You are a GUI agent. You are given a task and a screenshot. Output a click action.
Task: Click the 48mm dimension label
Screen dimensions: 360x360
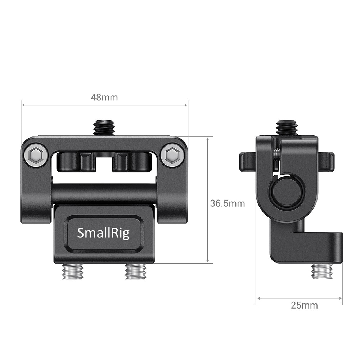tap(104, 97)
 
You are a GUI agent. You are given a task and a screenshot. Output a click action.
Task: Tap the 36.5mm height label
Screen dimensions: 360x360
tap(228, 203)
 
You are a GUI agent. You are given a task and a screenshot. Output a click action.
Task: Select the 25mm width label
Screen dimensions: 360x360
tap(304, 305)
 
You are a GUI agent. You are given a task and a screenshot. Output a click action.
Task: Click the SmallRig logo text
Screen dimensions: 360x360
tap(103, 233)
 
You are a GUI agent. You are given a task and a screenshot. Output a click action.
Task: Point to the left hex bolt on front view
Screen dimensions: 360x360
tap(36, 155)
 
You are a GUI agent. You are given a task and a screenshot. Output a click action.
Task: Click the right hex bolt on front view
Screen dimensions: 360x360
tap(172, 155)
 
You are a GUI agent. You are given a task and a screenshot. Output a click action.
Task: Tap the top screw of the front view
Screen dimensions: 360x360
tap(104, 128)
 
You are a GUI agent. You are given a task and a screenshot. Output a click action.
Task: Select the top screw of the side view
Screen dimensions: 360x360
tap(287, 128)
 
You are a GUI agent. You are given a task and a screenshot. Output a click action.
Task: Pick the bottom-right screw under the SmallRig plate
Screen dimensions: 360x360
tap(136, 271)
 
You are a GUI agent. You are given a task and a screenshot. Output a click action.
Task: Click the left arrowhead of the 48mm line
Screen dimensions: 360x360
tap(23, 105)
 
